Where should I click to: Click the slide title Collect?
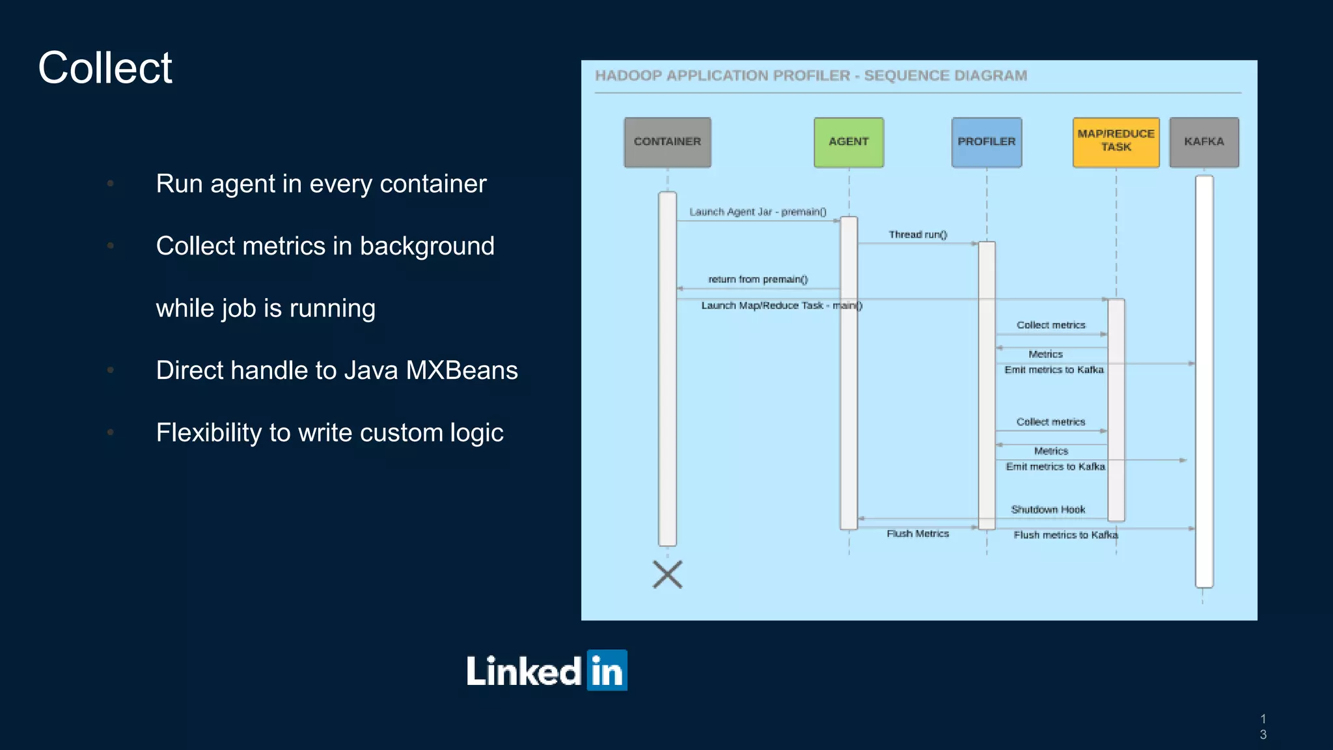pos(105,68)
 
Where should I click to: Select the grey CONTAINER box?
pos(667,142)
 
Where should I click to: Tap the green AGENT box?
pos(848,142)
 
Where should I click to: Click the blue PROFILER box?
pos(986,142)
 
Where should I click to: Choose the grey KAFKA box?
pos(1203,142)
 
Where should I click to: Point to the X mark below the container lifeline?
pos(667,574)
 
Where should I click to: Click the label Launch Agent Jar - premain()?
pos(758,212)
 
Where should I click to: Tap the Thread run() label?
pos(918,234)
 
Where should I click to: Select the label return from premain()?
pos(758,279)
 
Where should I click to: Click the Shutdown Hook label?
pos(1048,509)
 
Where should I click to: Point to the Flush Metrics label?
pos(918,533)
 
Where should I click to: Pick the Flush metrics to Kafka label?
pos(1065,535)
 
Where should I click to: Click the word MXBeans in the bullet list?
pos(461,370)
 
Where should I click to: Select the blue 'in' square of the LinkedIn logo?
pos(607,670)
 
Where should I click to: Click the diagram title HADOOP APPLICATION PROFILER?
pos(722,76)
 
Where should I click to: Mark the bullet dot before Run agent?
pos(111,184)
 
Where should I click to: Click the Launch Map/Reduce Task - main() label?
pos(781,305)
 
